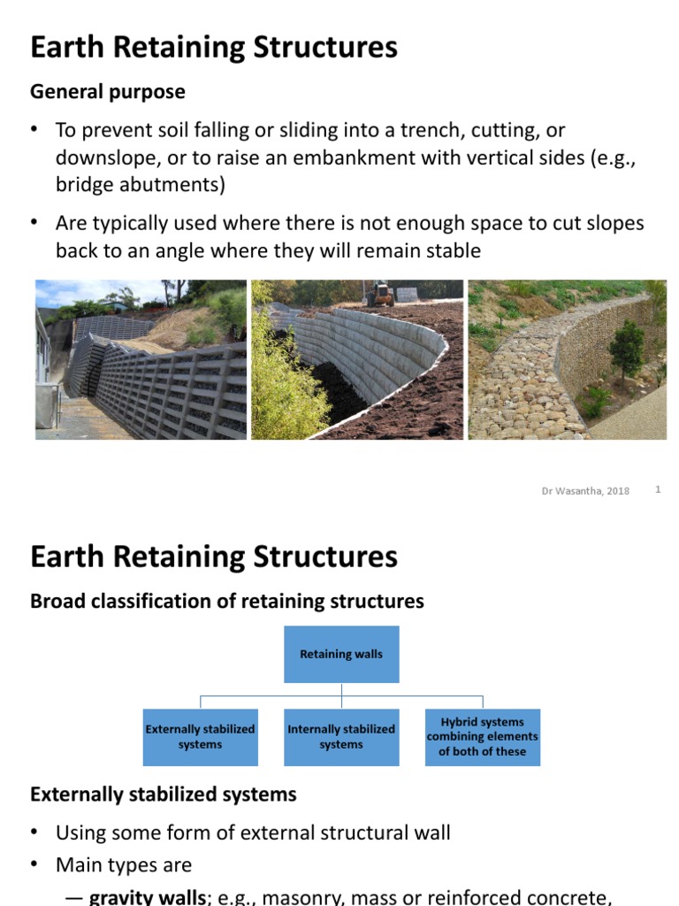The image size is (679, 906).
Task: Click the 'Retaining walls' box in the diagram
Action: [x=340, y=654]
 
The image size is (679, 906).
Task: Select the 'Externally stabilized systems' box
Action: [x=200, y=737]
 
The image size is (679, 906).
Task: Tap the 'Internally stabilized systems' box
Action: [x=341, y=737]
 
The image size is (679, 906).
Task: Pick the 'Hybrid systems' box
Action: [x=482, y=737]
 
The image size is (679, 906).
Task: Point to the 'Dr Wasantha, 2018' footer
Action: [x=585, y=491]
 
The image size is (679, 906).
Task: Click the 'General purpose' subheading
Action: [x=108, y=92]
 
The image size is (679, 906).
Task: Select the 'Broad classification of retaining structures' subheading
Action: [x=227, y=602]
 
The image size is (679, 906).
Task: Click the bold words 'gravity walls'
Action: [x=147, y=898]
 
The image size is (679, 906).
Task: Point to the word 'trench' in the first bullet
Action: [x=410, y=131]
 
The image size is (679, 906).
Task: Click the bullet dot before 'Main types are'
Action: [x=35, y=864]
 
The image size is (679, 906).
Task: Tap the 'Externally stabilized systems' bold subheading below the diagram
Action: [x=164, y=795]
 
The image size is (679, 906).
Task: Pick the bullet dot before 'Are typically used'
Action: [x=35, y=223]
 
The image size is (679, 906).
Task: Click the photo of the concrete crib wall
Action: [x=141, y=360]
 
